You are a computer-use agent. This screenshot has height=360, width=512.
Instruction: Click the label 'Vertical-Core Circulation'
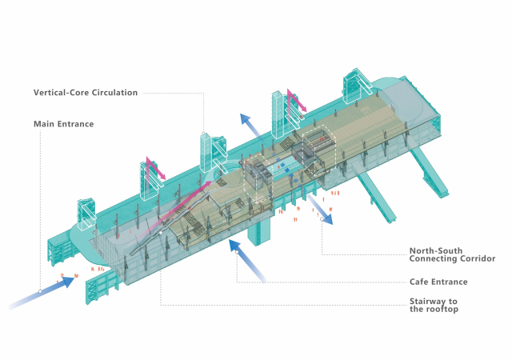point(86,93)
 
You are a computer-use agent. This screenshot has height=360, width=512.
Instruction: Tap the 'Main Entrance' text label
point(64,124)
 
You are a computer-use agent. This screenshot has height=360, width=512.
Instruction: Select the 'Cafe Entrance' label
point(438,282)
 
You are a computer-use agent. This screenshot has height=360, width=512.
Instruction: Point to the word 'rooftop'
point(439,310)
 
